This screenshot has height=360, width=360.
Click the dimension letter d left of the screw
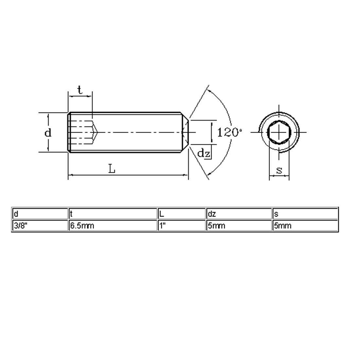pos(48,133)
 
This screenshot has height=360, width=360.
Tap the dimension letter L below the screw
pos(112,169)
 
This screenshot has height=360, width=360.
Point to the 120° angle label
pos(229,133)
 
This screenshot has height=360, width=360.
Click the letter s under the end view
pos(279,170)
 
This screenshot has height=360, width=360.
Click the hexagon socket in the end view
pos(279,132)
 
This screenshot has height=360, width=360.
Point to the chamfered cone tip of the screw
pos(185,132)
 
